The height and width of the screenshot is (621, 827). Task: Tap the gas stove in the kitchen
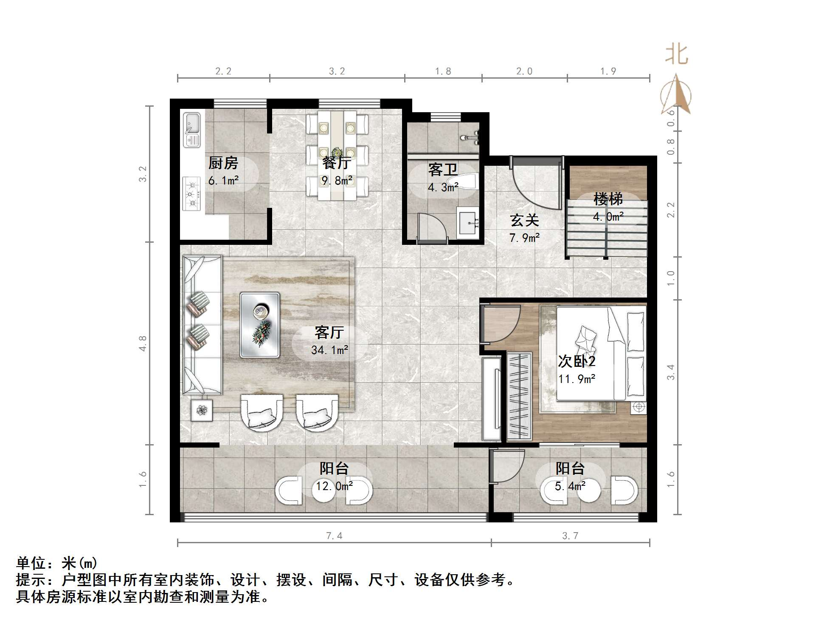(x=191, y=194)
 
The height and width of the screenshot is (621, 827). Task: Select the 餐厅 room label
(x=337, y=163)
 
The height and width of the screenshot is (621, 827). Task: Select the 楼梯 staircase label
(x=608, y=199)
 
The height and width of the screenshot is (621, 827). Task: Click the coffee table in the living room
(x=259, y=324)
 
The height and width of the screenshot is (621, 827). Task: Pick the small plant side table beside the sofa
(x=202, y=410)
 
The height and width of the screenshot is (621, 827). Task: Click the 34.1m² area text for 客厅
(x=329, y=350)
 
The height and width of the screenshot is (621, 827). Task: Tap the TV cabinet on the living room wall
(x=492, y=399)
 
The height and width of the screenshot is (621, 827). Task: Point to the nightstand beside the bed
(x=638, y=408)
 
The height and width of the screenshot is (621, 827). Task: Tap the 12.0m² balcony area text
(x=334, y=486)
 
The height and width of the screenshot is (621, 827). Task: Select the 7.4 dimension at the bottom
(x=334, y=536)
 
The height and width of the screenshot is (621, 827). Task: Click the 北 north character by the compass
(x=676, y=55)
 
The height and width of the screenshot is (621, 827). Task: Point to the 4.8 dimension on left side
(x=143, y=343)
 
